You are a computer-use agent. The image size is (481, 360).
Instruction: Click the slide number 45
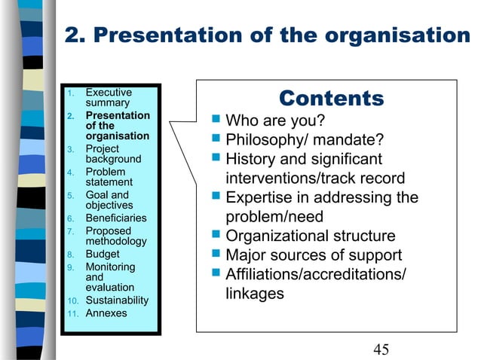381,348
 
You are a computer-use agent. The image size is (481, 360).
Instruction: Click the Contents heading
331,99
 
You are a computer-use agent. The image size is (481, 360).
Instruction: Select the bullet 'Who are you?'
276,121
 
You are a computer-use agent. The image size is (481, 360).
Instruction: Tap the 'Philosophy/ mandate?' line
305,141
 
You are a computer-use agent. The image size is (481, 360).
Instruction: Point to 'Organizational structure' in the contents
311,236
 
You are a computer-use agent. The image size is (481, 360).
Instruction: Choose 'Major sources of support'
314,256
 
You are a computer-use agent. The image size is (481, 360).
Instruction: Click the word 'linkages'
255,294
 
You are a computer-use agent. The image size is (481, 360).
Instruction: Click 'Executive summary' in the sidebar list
109,98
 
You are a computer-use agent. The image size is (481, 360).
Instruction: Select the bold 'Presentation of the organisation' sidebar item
117,126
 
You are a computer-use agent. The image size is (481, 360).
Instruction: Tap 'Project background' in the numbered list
113,154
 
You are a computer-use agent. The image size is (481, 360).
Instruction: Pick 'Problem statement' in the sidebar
109,177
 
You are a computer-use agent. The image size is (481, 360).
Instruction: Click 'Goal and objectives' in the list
109,200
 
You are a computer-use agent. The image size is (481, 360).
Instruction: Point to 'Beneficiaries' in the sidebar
115,218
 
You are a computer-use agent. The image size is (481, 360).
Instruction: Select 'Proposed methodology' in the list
116,236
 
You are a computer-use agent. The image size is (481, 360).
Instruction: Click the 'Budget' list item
103,255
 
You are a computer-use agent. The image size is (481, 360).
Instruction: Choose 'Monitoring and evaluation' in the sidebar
110,277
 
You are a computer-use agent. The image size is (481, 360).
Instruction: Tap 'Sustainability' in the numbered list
117,301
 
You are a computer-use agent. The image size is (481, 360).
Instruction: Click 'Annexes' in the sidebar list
106,313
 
